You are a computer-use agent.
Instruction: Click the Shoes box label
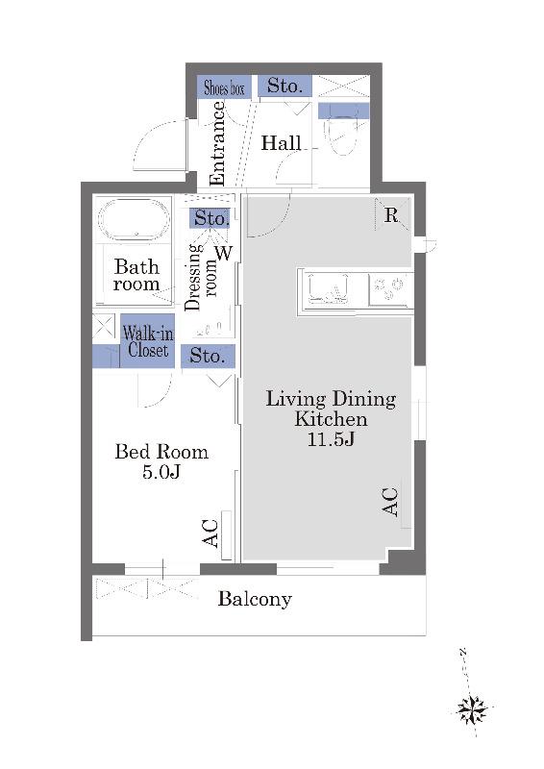224,88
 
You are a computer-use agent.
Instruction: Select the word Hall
281,143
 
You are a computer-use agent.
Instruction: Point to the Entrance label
217,143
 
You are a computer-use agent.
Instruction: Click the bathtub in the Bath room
135,219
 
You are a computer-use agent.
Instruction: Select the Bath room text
136,276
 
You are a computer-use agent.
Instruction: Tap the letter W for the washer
223,253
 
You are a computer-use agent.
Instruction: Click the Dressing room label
202,278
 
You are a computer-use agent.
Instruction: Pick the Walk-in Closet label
148,342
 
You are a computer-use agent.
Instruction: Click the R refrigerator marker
391,215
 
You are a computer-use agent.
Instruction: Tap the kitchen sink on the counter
328,289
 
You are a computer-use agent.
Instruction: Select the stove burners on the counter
388,289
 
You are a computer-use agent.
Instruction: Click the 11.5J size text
331,438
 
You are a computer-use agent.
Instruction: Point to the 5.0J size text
161,471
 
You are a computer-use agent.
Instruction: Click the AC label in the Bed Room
210,533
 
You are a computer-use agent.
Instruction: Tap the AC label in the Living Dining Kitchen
390,502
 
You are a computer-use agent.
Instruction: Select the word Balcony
255,599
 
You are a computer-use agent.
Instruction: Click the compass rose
471,709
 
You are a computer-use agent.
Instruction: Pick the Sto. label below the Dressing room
208,356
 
